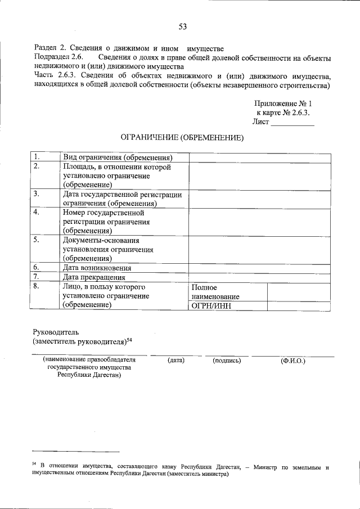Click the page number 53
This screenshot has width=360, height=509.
(x=182, y=26)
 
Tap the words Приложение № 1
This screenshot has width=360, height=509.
(x=282, y=103)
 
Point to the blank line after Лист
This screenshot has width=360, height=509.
(x=292, y=122)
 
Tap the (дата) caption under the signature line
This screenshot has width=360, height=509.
(x=176, y=360)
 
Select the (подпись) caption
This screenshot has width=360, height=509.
(x=227, y=360)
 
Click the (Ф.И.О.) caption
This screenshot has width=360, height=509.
(x=292, y=360)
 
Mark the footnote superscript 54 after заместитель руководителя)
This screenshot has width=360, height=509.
(x=129, y=339)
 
